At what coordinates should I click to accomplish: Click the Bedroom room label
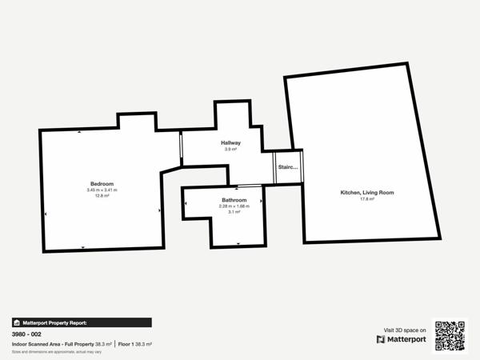[x=102, y=183]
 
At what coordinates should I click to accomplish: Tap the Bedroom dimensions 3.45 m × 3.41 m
[x=102, y=190]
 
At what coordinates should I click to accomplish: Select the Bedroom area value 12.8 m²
[x=102, y=195]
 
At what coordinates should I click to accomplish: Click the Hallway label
[x=231, y=143]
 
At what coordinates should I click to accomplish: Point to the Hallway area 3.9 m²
[x=231, y=150]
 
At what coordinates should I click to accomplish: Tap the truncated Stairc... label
[x=287, y=167]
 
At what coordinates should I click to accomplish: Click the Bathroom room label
[x=234, y=199]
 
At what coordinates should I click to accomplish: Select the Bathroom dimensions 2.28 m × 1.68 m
[x=234, y=206]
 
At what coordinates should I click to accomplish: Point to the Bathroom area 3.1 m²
[x=234, y=212]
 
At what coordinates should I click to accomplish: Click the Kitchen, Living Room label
[x=367, y=193]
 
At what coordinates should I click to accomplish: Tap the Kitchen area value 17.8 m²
[x=367, y=199]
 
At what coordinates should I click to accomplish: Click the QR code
[x=450, y=336]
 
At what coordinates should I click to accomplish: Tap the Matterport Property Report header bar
[x=81, y=322]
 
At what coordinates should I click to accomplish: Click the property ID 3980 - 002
[x=27, y=334]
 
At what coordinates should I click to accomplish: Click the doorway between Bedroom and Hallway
[x=181, y=150]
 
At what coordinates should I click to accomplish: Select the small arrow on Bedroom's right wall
[x=160, y=211]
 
